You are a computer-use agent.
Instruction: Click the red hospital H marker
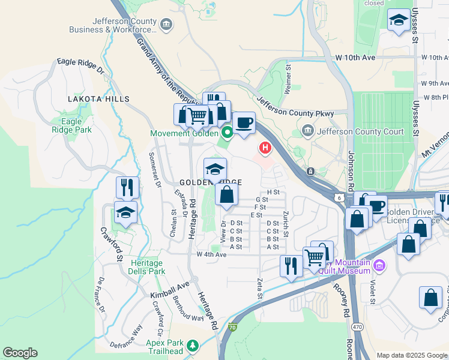pyautogui.click(x=264, y=147)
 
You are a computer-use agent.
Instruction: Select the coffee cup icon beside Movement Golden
pyautogui.click(x=244, y=123)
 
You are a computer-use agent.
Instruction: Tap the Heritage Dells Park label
pyautogui.click(x=147, y=267)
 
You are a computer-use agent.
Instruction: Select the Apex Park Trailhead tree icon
pyautogui.click(x=193, y=346)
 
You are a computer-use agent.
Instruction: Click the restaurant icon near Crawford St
pyautogui.click(x=127, y=188)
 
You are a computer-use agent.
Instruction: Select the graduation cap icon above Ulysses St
pyautogui.click(x=399, y=21)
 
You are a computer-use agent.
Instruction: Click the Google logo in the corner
pyautogui.click(x=20, y=353)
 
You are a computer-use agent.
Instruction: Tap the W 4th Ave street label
pyautogui.click(x=211, y=254)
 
